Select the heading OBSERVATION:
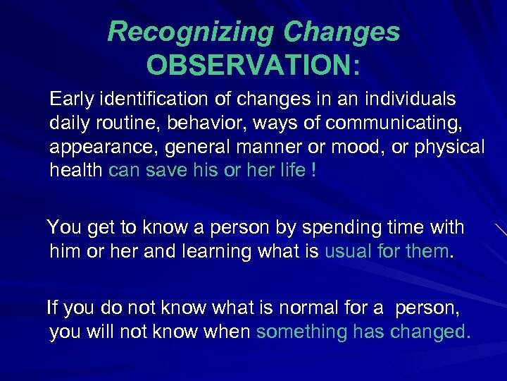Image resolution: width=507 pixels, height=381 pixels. tap(254, 66)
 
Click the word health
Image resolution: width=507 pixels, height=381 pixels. tap(76, 171)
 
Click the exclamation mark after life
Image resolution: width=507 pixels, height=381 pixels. tap(312, 171)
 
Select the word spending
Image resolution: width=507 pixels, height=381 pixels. tap(359, 228)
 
